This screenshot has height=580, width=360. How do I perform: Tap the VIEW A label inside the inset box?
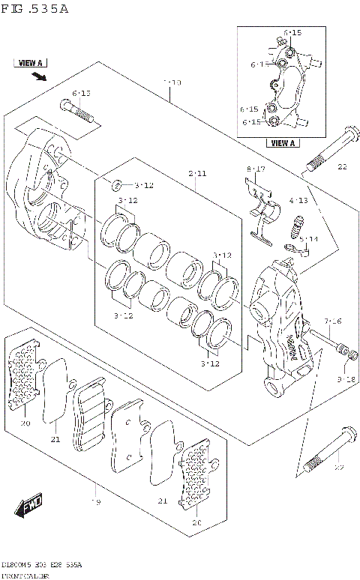(x=283, y=142)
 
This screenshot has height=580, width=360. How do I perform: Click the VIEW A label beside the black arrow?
(x=29, y=64)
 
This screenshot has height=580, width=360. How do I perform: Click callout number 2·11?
(x=197, y=174)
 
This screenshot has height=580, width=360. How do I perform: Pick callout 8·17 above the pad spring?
(x=256, y=170)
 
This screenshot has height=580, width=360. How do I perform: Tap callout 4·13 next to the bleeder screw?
(x=298, y=201)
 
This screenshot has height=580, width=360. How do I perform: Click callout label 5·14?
(x=308, y=239)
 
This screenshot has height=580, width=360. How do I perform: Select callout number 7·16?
(x=333, y=321)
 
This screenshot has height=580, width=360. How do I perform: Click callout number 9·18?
(x=345, y=380)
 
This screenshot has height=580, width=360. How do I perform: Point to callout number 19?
(x=95, y=501)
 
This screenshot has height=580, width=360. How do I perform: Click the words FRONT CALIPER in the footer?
(x=25, y=576)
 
